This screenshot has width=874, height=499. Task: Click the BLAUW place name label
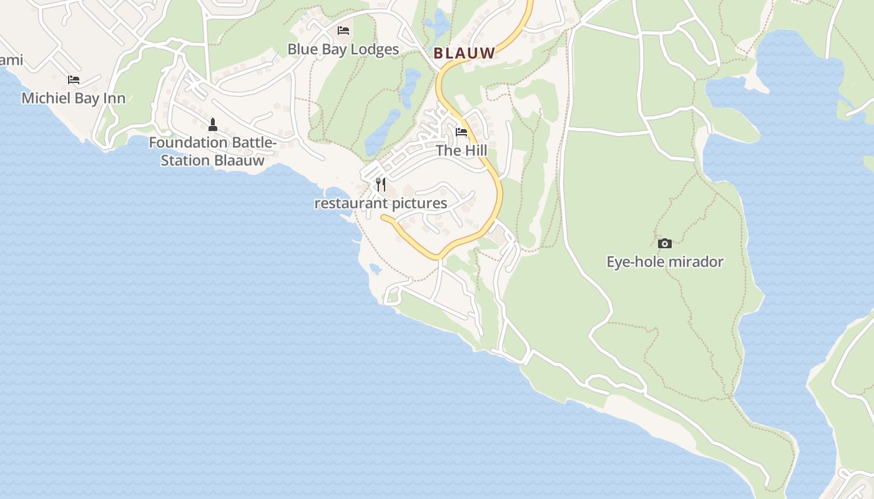point(464,54)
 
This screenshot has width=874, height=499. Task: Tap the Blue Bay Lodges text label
point(343,49)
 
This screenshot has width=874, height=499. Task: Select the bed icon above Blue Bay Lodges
point(343,30)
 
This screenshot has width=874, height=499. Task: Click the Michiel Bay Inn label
point(73,98)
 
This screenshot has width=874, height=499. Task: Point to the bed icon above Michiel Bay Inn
point(74,79)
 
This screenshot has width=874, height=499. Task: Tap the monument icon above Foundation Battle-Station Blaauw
point(213,124)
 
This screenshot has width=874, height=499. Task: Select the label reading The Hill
point(461,150)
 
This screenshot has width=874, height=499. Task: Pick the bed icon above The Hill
point(461,132)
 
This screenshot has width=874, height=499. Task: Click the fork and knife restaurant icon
point(381,184)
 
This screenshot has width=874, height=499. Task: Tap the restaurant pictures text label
point(380,203)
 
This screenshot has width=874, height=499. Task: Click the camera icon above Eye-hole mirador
point(665,243)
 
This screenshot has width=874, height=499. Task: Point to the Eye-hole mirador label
point(665,261)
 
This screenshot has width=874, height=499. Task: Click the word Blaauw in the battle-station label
point(239,160)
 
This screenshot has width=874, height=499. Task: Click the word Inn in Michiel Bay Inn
point(115,98)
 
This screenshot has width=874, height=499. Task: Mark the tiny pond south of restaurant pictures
point(375,268)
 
